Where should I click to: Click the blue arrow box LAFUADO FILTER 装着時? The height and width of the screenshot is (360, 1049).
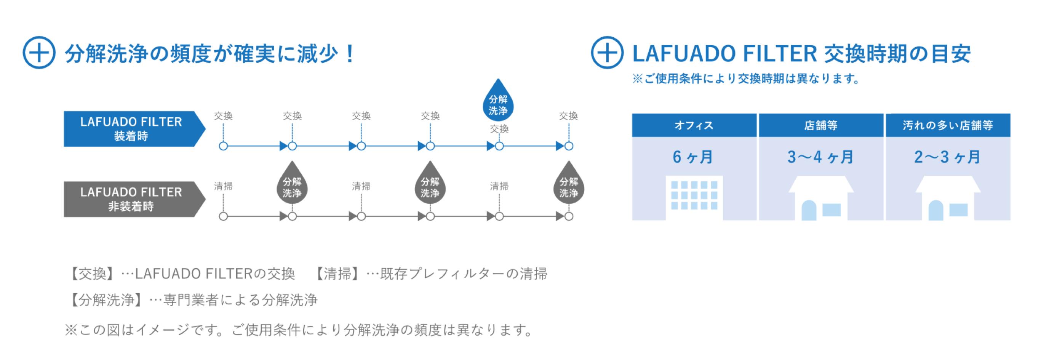[131, 129]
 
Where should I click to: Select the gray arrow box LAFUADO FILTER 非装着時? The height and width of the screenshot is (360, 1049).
[131, 199]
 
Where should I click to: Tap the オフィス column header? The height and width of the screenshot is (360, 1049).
[694, 125]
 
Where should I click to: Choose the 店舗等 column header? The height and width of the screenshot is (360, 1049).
[820, 125]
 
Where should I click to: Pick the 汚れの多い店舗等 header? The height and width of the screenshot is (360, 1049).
[948, 125]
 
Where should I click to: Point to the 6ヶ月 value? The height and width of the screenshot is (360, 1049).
[693, 157]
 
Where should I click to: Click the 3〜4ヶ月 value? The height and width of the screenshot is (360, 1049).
[820, 157]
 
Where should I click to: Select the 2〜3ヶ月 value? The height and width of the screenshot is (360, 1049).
[947, 157]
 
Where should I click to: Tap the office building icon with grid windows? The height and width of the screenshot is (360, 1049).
[694, 197]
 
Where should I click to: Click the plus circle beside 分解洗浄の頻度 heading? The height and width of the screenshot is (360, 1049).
[39, 53]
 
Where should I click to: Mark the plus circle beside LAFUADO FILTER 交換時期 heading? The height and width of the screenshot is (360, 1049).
[607, 53]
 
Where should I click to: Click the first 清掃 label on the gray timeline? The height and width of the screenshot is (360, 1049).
[223, 186]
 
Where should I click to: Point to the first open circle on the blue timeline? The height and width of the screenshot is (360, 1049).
[223, 146]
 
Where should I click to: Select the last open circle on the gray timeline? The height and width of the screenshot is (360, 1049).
[569, 216]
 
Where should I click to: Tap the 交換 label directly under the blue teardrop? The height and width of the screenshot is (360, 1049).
[499, 129]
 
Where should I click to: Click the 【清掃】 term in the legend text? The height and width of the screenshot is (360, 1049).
[337, 274]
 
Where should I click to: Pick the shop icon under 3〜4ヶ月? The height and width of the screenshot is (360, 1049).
[820, 199]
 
